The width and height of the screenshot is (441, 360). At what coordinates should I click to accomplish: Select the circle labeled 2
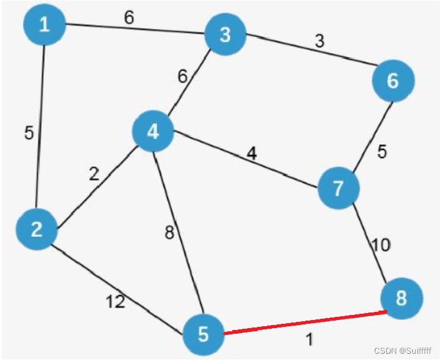click(37, 229)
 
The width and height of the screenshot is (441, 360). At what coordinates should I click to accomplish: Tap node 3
click(225, 34)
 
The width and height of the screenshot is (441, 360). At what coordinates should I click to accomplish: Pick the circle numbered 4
click(153, 131)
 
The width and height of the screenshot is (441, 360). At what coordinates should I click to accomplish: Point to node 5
click(204, 334)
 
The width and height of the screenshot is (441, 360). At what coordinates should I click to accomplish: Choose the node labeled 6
click(393, 81)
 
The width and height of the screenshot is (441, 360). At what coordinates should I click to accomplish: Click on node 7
click(339, 188)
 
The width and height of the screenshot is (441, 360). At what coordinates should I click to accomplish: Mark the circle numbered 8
click(400, 298)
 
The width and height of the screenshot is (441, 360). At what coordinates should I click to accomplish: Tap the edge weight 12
click(115, 302)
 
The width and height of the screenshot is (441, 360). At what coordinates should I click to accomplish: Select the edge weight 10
click(381, 245)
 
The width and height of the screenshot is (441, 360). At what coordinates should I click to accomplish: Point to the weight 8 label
click(169, 234)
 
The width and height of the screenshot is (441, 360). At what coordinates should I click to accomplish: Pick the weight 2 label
click(94, 175)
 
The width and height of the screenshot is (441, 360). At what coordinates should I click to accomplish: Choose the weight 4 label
click(251, 152)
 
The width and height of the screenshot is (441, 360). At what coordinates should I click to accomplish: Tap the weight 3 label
click(319, 42)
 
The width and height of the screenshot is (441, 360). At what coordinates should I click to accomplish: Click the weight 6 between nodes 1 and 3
click(129, 17)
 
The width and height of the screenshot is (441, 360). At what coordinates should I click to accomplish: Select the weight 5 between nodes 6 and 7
click(382, 152)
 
